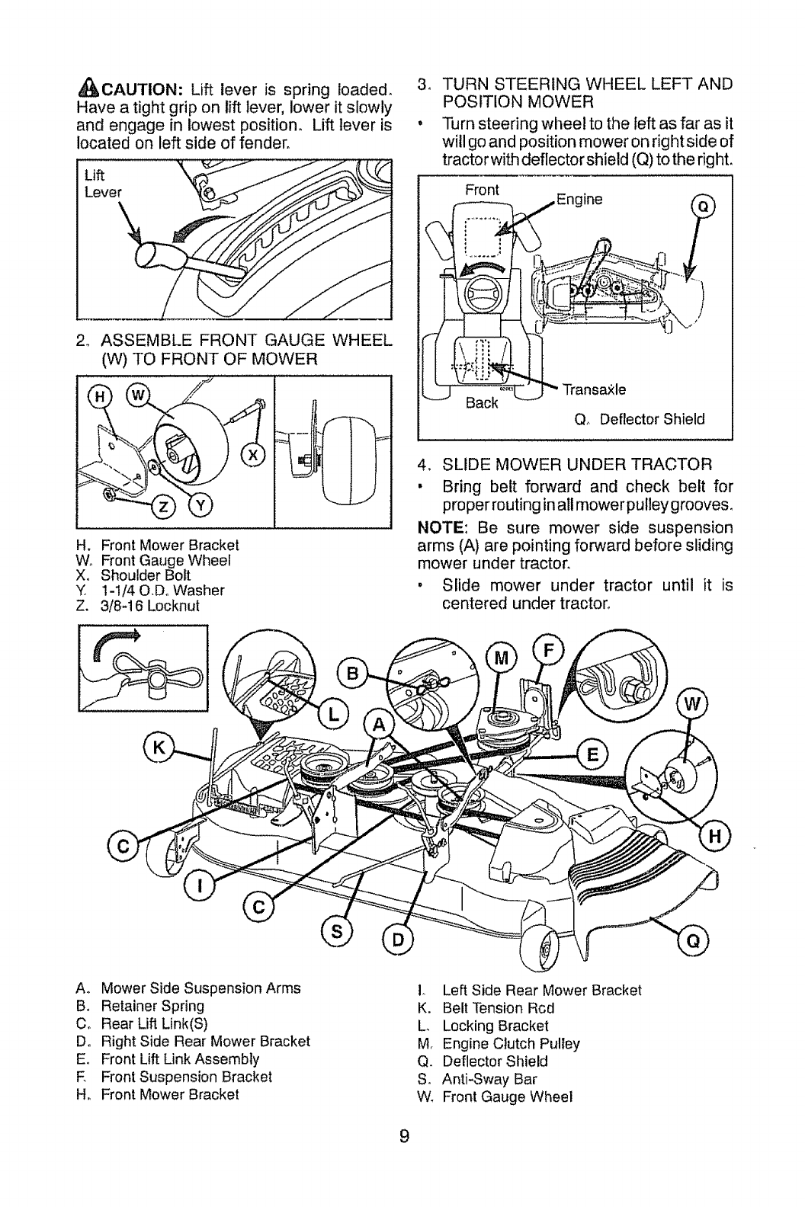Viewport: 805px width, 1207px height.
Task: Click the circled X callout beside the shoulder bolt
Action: click(250, 456)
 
